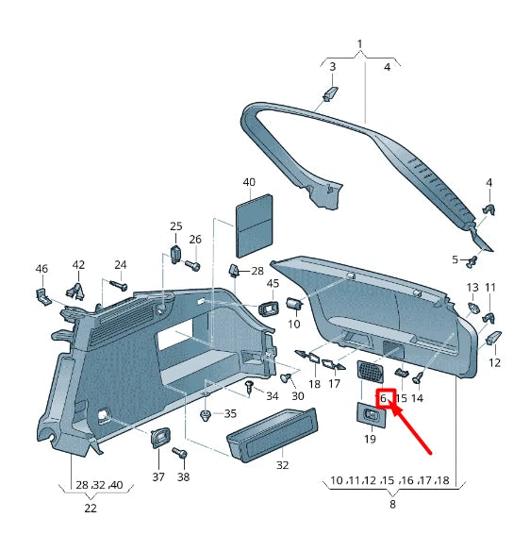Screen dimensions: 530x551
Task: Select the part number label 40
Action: click(249, 182)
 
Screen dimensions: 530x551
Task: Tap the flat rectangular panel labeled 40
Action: click(254, 225)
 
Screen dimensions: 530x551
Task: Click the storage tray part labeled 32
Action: click(273, 435)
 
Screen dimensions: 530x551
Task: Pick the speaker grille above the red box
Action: click(371, 372)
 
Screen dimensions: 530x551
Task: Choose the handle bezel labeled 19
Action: click(371, 415)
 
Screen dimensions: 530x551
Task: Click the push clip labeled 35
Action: click(206, 415)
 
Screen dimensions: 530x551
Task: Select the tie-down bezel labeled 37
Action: click(160, 437)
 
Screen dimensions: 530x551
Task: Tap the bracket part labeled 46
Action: click(43, 297)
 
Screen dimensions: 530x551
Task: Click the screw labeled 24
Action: click(119, 285)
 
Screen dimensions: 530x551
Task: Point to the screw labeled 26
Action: click(192, 265)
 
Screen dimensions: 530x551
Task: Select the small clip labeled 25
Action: click(175, 255)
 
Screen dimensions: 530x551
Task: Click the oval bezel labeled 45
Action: click(269, 309)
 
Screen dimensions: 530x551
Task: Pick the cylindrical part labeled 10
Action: click(294, 304)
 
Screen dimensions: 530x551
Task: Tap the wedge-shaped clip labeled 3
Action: click(330, 93)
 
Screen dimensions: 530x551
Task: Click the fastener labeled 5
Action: click(472, 261)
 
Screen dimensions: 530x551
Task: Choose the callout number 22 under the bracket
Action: click(91, 509)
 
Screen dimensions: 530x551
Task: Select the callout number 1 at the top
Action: click(359, 44)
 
